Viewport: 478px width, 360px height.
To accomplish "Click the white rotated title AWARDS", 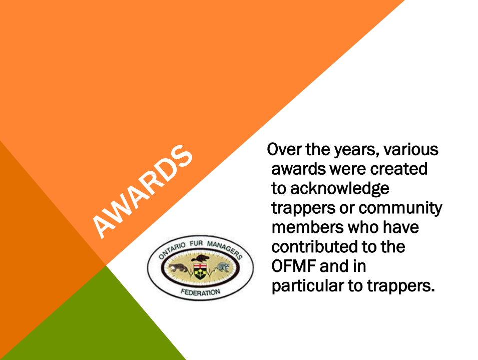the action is click(142, 191).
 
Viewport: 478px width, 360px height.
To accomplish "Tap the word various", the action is click(411, 149).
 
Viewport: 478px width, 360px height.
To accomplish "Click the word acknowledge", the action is click(339, 189).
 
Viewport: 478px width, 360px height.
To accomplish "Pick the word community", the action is click(400, 208).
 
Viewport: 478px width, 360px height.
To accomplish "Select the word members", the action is click(307, 227).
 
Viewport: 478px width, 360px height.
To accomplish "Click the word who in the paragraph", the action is click(363, 227).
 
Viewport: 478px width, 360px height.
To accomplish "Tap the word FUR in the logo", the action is click(196, 243).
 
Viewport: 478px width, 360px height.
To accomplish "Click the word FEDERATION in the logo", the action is click(200, 292).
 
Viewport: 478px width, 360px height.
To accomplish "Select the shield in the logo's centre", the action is click(200, 271).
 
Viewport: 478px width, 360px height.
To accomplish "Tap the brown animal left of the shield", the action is click(179, 268).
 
